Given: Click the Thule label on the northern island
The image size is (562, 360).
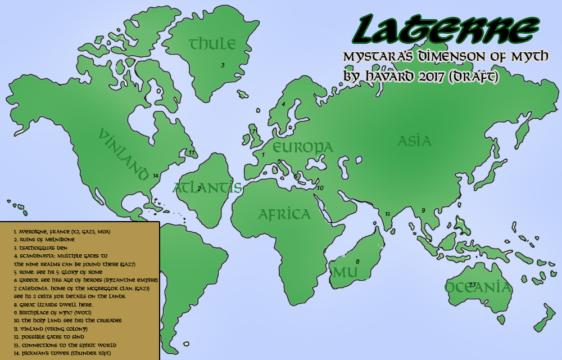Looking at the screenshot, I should [212, 43].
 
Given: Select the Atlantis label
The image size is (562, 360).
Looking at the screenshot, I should [207, 187].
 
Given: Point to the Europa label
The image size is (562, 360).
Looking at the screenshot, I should [302, 147].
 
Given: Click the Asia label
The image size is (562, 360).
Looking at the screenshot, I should [414, 141].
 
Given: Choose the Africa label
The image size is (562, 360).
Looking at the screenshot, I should [284, 214].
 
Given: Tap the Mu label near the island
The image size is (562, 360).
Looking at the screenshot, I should [341, 273].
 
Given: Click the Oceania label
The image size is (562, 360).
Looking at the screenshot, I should [478, 287].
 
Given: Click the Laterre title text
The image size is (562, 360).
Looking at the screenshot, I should [445, 31].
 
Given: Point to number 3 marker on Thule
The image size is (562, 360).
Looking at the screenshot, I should [223, 65].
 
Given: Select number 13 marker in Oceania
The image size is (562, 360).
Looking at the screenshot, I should [473, 284].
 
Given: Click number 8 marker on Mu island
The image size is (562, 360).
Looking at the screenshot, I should [357, 262].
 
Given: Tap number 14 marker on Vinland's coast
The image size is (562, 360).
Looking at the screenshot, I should [156, 175].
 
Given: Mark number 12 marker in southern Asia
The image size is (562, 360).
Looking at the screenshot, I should [387, 213].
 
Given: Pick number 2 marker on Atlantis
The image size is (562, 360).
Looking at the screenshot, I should [199, 188].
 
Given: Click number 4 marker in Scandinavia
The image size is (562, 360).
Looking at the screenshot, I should [283, 104].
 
